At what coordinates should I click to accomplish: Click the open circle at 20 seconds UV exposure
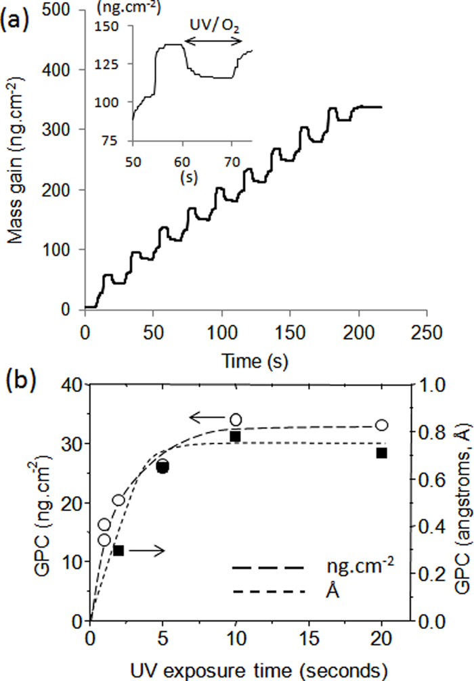381,425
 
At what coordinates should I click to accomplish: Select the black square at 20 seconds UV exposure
381,453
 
